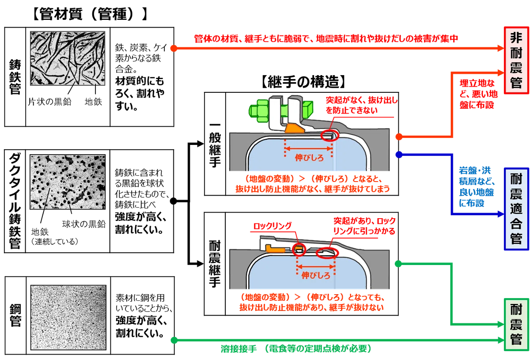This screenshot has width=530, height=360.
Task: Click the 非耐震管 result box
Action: point(516,61)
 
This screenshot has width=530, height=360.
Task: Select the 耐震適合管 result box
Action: point(516,209)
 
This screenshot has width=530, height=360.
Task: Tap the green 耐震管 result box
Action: point(516,325)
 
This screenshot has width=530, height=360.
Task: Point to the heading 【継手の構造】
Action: point(303,82)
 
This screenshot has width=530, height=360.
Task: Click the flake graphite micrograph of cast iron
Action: point(68,58)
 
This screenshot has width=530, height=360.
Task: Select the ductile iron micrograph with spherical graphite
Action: point(68,182)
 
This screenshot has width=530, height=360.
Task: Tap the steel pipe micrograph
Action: point(68,318)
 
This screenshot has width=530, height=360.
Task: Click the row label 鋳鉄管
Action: point(15,77)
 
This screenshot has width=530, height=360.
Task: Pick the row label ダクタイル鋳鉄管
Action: point(15,201)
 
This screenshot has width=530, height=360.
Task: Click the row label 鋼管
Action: point(15,315)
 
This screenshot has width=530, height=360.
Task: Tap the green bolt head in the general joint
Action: point(259,111)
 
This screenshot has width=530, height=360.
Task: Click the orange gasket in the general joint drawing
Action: point(295,128)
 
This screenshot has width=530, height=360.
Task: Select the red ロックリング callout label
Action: point(273,226)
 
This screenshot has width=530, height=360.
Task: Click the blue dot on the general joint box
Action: point(399,155)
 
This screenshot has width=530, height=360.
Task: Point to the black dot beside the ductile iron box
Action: point(174,201)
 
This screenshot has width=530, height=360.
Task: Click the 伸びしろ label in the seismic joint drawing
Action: point(316,275)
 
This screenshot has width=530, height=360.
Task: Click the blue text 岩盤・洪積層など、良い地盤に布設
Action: point(477,186)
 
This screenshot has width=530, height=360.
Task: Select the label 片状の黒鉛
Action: point(49,102)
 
